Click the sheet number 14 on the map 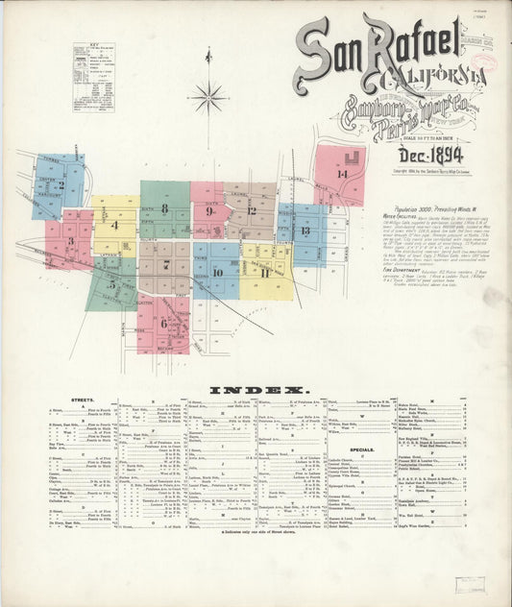tap(341, 173)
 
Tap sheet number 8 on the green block tap(164, 207)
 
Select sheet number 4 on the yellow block tap(114, 226)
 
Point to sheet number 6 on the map tap(163, 323)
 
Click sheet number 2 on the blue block tap(61, 185)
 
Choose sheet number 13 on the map tap(305, 231)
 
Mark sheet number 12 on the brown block tap(252, 210)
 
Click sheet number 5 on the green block tap(111, 284)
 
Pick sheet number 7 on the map tap(166, 264)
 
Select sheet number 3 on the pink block tap(70, 241)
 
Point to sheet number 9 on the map tap(208, 211)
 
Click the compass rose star tap(207, 96)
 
